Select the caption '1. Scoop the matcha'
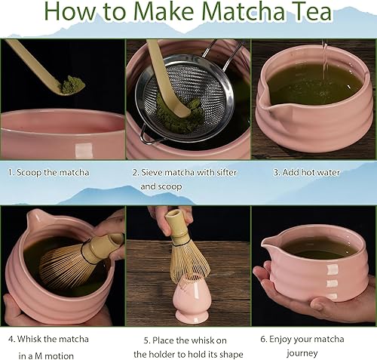(x=48, y=172)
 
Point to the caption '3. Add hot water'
(x=306, y=172)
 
